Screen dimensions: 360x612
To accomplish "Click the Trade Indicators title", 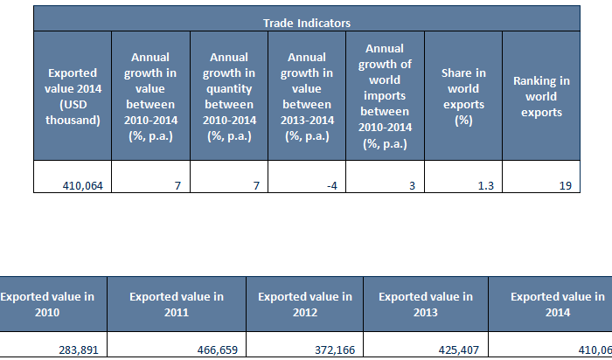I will tap(306, 22).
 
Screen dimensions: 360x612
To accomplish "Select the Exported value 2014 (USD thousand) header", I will tap(73, 96).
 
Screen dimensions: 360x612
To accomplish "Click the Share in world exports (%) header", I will tap(462, 96).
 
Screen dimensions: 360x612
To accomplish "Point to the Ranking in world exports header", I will tap(540, 96).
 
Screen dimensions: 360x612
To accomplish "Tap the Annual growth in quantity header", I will tap(229, 96).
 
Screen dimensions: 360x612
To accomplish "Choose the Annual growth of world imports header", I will tap(385, 96).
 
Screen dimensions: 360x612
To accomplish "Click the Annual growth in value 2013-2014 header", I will tap(307, 96).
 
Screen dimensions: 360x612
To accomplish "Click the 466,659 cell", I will tap(214, 350).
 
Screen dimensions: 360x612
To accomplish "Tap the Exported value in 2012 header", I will tap(304, 304).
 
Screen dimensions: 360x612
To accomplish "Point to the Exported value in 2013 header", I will tap(425, 304).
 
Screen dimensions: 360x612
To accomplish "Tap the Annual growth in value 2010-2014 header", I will tap(151, 96).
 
